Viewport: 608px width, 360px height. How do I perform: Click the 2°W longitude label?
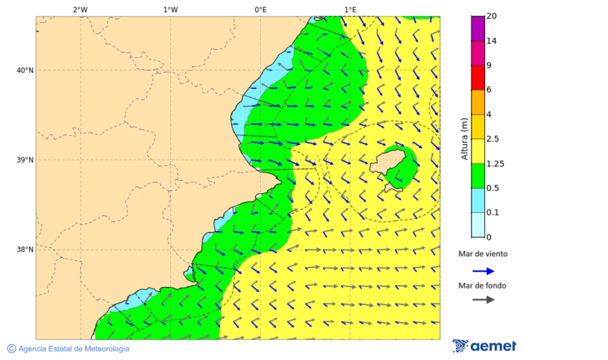(x=80, y=9)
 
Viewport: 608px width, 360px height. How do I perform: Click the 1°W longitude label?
(x=170, y=9)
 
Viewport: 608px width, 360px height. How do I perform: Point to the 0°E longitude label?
(x=260, y=9)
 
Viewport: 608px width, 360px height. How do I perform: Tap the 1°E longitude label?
(x=350, y=9)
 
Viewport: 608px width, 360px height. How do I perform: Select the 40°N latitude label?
(x=25, y=70)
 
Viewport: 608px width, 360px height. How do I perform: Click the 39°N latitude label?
(x=25, y=160)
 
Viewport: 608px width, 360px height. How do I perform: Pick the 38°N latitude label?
(x=25, y=249)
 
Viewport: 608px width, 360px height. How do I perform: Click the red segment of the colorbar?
(x=478, y=78)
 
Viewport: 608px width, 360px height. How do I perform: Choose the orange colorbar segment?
(x=478, y=102)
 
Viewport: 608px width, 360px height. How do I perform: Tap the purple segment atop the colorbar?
(x=478, y=28)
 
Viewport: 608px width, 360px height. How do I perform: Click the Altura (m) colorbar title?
(x=464, y=138)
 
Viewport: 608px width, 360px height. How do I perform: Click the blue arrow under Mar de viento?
(x=483, y=271)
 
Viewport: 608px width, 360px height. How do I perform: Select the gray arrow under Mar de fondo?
(x=483, y=300)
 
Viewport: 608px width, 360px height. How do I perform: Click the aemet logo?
(x=484, y=346)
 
